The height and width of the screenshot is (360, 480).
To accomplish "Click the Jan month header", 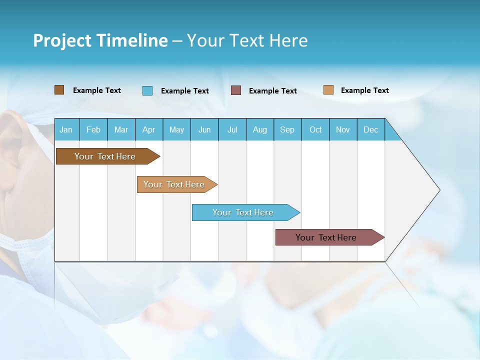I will coord(66,129).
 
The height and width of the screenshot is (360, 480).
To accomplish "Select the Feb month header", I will coord(93,129).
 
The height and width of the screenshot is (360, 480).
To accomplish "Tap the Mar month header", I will coord(121,129).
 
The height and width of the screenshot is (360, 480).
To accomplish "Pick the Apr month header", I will coord(149,129).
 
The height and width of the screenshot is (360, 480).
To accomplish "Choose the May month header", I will coord(176,129).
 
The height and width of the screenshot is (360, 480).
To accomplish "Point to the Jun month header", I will coord(204,129).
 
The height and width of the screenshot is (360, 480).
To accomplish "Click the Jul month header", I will coord(232,129).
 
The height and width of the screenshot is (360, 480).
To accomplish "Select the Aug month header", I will coord(260,129).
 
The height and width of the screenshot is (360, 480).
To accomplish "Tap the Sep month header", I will coord(287,129).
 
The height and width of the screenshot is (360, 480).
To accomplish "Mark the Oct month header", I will coord(315,129).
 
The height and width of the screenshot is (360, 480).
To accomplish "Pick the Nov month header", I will coord(343,129).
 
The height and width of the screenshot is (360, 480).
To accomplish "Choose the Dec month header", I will coord(371,129).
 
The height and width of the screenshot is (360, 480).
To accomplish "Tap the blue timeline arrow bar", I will coord(243,212).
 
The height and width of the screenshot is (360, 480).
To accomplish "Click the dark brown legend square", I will coord(59,90).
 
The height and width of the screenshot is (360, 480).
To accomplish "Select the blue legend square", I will coord(147,90).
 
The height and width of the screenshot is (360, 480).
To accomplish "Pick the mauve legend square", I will coord(236,90).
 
